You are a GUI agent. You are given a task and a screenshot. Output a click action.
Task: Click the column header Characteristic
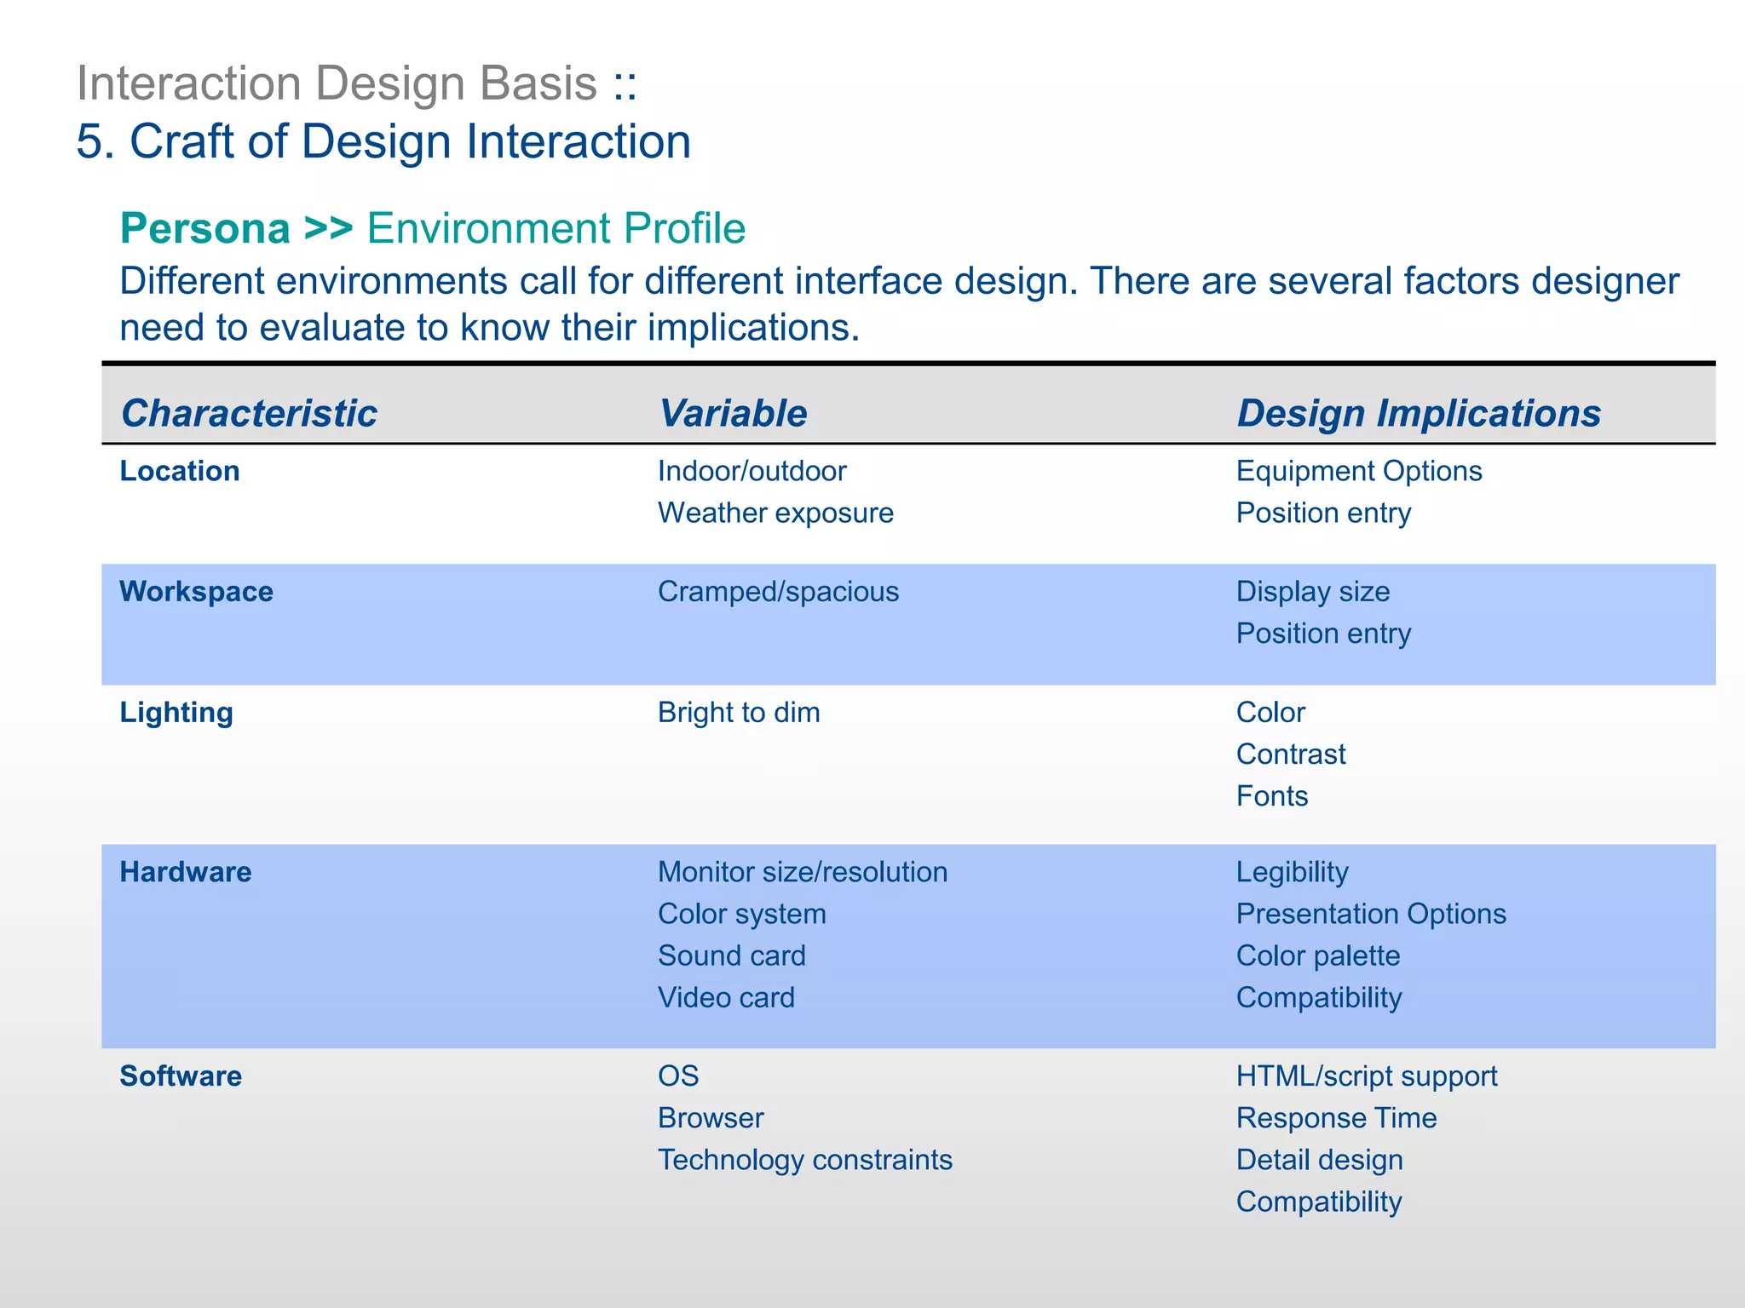pyautogui.click(x=249, y=414)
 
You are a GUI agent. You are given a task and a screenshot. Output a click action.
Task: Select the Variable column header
pyautogui.click(x=733, y=414)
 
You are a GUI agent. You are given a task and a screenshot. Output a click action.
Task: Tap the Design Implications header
pyautogui.click(x=1419, y=414)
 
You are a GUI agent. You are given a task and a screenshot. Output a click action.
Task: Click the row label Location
pyautogui.click(x=180, y=471)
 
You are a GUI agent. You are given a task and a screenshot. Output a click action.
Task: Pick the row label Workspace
pyautogui.click(x=196, y=592)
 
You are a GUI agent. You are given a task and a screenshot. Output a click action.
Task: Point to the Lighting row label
pyautogui.click(x=176, y=713)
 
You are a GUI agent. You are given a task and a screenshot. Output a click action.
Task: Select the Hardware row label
pyautogui.click(x=186, y=872)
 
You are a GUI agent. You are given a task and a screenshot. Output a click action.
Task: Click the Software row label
pyautogui.click(x=181, y=1076)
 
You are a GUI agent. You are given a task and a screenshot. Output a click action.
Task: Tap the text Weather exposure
pyautogui.click(x=775, y=513)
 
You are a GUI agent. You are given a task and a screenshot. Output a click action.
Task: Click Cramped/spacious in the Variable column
pyautogui.click(x=778, y=592)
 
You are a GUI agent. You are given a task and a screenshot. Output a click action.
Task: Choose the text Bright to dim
pyautogui.click(x=739, y=713)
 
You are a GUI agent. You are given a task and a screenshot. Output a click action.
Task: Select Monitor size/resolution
pyautogui.click(x=803, y=872)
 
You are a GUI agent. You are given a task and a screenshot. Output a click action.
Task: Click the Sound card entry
pyautogui.click(x=731, y=955)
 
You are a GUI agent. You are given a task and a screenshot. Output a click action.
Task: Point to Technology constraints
pyautogui.click(x=805, y=1160)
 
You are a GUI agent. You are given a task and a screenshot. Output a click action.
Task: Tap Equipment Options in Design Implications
pyautogui.click(x=1359, y=471)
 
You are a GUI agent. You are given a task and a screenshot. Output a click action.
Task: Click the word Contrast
pyautogui.click(x=1291, y=754)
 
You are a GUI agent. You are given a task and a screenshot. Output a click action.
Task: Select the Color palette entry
pyautogui.click(x=1318, y=955)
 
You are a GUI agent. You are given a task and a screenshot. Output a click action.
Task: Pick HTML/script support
pyautogui.click(x=1367, y=1076)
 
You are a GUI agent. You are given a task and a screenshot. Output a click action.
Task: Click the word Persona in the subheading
pyautogui.click(x=205, y=229)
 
